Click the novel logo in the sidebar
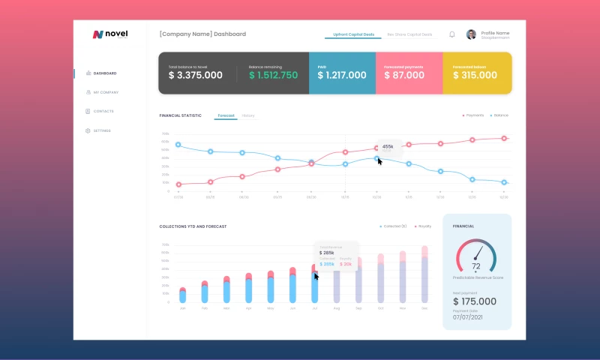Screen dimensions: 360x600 (x=110, y=34)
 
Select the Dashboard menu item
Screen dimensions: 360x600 (x=104, y=73)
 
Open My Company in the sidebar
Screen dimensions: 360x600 (x=105, y=92)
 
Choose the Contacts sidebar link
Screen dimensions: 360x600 (x=103, y=112)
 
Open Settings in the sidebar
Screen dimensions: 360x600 (x=101, y=130)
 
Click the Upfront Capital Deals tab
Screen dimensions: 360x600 (x=353, y=34)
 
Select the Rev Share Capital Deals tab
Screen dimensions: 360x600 (x=409, y=34)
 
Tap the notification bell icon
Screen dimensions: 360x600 (x=452, y=34)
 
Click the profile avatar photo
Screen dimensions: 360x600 (x=471, y=34)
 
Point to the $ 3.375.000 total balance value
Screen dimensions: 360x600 (x=195, y=75)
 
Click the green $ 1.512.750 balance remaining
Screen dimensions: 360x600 (x=273, y=75)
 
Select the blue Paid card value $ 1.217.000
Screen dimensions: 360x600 (x=342, y=75)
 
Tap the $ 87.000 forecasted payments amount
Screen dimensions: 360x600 (x=404, y=75)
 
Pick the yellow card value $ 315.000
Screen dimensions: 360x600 (x=475, y=75)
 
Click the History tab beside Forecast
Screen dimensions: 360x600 (x=248, y=115)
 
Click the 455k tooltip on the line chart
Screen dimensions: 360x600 (x=388, y=147)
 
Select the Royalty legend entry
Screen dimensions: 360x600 (x=424, y=226)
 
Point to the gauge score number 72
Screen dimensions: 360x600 (x=475, y=266)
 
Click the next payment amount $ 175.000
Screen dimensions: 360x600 (x=475, y=301)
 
